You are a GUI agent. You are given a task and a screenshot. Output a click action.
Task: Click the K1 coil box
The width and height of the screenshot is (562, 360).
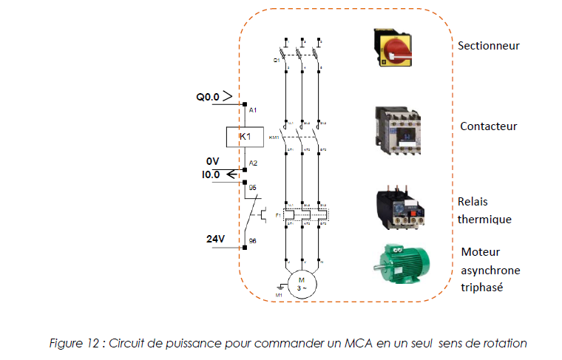click(x=244, y=137)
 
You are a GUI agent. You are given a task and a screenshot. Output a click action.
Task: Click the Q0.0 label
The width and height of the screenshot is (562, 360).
click(x=209, y=97)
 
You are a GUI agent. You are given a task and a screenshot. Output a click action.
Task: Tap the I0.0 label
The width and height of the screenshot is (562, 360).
click(x=213, y=174)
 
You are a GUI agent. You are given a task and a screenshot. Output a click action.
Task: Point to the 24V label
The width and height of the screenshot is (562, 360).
click(x=215, y=240)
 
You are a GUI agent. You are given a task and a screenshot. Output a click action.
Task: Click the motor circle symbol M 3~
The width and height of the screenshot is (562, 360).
click(x=301, y=284)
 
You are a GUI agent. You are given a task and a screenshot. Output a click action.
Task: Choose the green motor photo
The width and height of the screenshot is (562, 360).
click(x=407, y=265)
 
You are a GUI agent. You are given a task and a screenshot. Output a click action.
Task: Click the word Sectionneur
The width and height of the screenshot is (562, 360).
click(x=488, y=46)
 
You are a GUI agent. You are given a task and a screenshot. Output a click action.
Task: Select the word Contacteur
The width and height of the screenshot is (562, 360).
click(x=488, y=126)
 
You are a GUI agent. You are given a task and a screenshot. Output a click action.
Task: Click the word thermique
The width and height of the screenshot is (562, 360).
click(x=484, y=219)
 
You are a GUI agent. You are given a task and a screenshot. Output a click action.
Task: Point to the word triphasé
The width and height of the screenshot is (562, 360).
click(x=481, y=287)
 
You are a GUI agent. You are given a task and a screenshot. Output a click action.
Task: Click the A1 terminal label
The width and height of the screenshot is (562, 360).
click(x=253, y=110)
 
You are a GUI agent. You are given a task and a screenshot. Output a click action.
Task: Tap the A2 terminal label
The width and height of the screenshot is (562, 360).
click(x=253, y=163)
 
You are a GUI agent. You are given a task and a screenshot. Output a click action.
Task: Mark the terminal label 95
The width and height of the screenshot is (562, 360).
click(x=252, y=188)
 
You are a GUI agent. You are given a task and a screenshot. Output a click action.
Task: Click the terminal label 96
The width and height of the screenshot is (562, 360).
click(x=252, y=241)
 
